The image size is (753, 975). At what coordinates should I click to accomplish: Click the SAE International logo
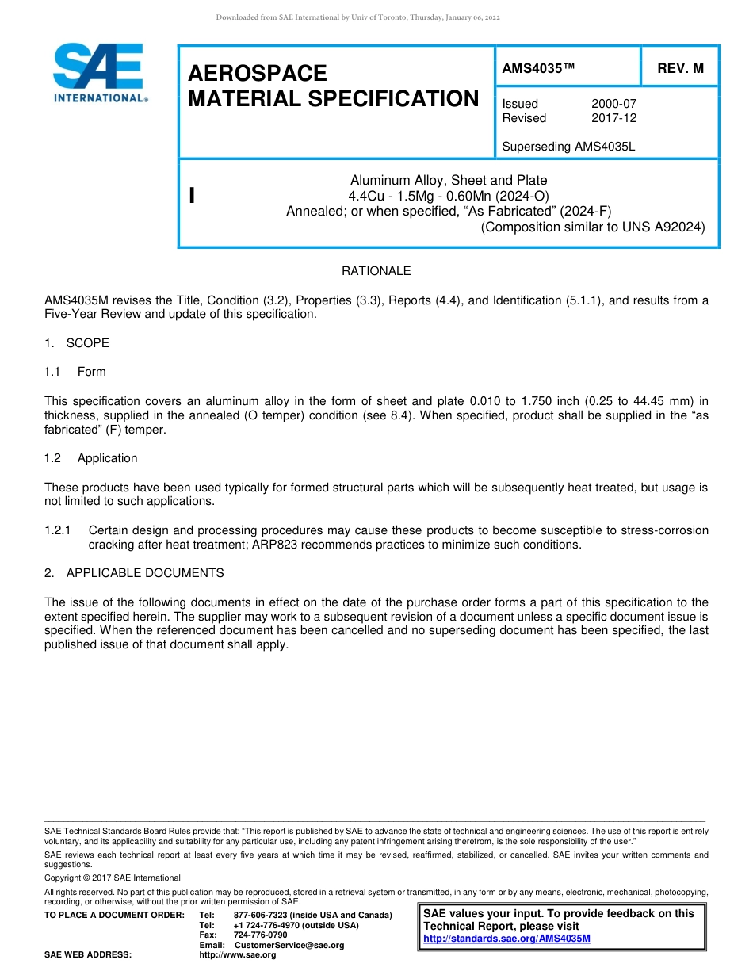click(99, 73)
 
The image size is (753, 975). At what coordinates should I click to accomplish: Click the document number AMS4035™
click(538, 68)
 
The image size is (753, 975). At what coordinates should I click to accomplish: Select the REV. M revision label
click(680, 68)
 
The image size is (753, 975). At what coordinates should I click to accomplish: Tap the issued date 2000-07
click(613, 104)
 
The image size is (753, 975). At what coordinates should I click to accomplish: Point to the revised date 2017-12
click(613, 118)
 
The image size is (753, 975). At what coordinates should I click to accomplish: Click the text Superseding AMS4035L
click(569, 147)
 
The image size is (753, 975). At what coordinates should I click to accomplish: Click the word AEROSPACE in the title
click(258, 73)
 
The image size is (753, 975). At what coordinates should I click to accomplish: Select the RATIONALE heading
click(376, 271)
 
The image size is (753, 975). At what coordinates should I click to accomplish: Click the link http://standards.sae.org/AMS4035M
click(507, 939)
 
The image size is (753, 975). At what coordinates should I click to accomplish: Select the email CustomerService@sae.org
click(289, 945)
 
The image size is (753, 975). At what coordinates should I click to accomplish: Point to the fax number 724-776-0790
click(261, 935)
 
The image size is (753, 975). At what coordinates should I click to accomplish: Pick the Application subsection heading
click(107, 458)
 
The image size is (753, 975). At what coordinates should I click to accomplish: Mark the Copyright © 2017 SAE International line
click(113, 877)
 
